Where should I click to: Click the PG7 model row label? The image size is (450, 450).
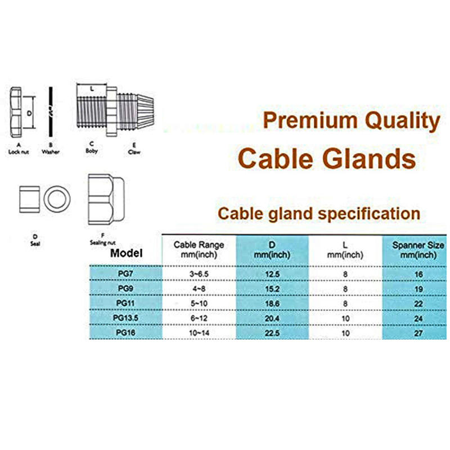[x=125, y=274]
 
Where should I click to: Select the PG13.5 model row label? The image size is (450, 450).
[x=125, y=318]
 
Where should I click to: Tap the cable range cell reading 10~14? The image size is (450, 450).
[x=199, y=332]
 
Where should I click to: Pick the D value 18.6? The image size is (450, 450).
[x=272, y=303]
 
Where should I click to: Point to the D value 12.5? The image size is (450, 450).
[x=272, y=274]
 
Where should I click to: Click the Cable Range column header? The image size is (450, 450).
[x=199, y=250]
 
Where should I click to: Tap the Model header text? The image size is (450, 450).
[x=127, y=253]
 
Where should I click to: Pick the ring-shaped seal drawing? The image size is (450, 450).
[x=57, y=200]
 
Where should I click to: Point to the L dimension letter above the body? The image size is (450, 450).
[x=92, y=88]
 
